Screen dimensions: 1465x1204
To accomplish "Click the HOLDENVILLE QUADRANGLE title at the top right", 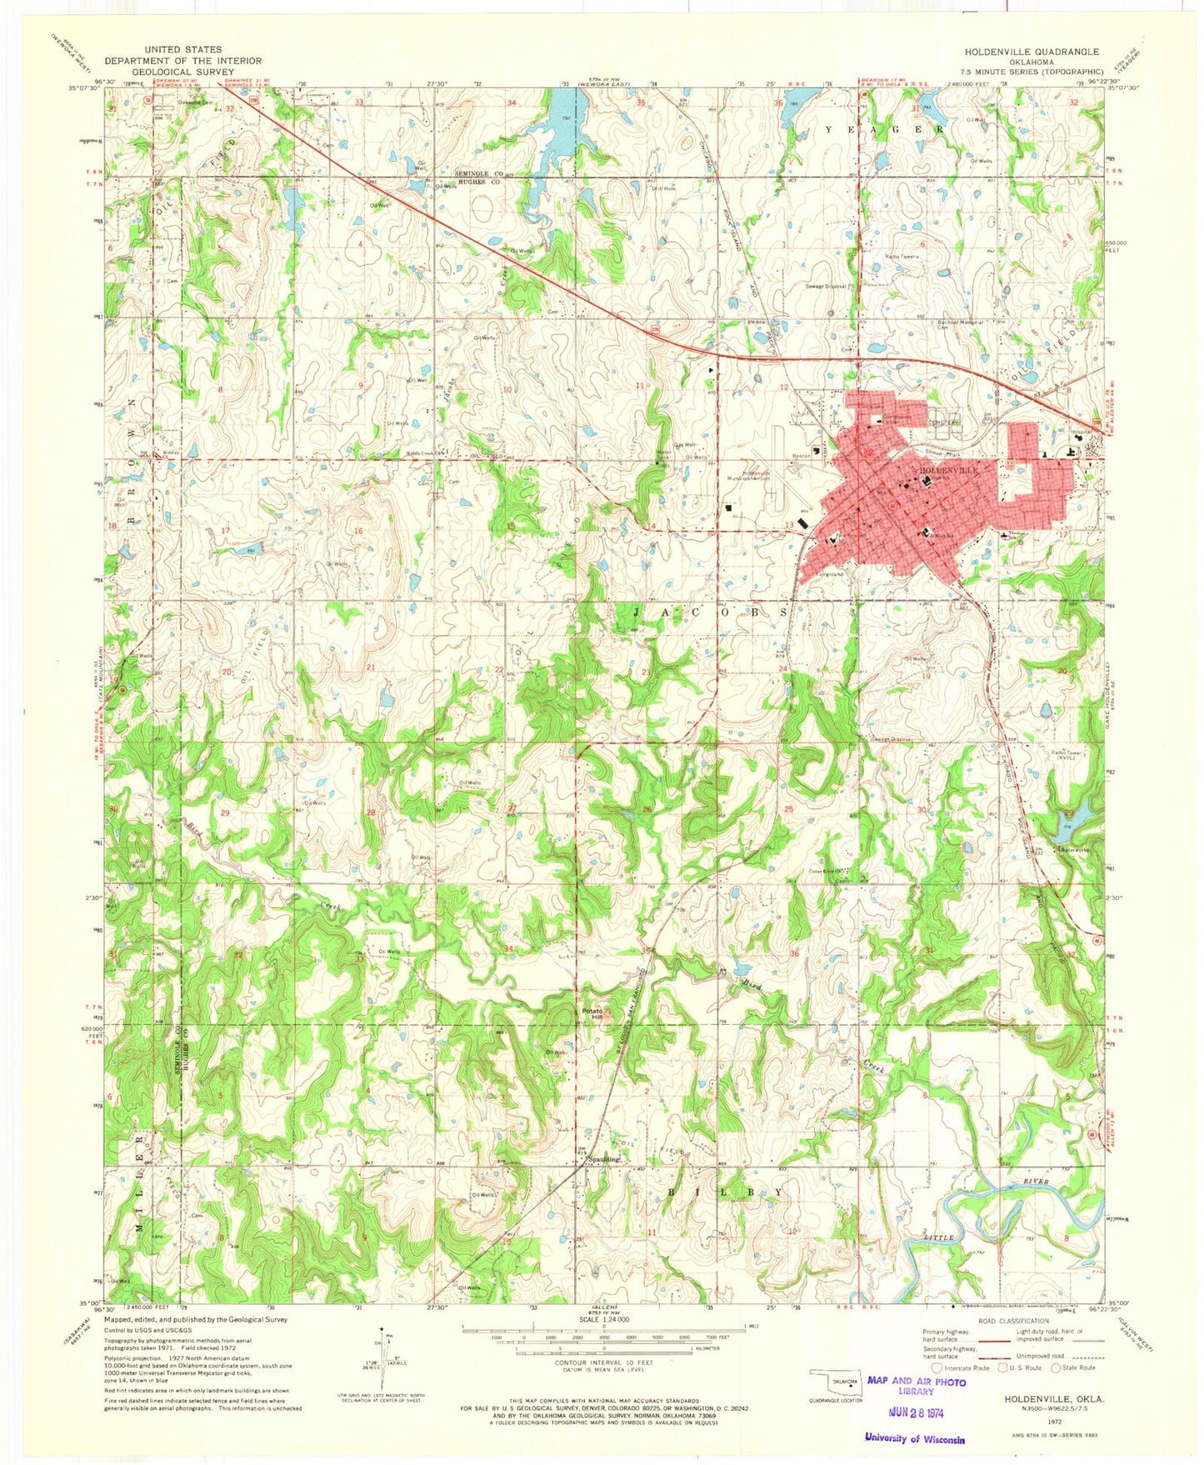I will (x=1027, y=52).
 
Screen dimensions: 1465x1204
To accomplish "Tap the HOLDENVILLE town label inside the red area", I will (x=949, y=471).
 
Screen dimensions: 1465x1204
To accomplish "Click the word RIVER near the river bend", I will (x=1039, y=1182).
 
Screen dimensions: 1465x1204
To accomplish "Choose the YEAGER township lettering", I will (x=885, y=130).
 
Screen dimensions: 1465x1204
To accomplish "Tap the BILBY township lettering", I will (x=725, y=1193).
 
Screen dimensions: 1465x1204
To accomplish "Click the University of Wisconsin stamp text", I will (x=914, y=1439).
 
